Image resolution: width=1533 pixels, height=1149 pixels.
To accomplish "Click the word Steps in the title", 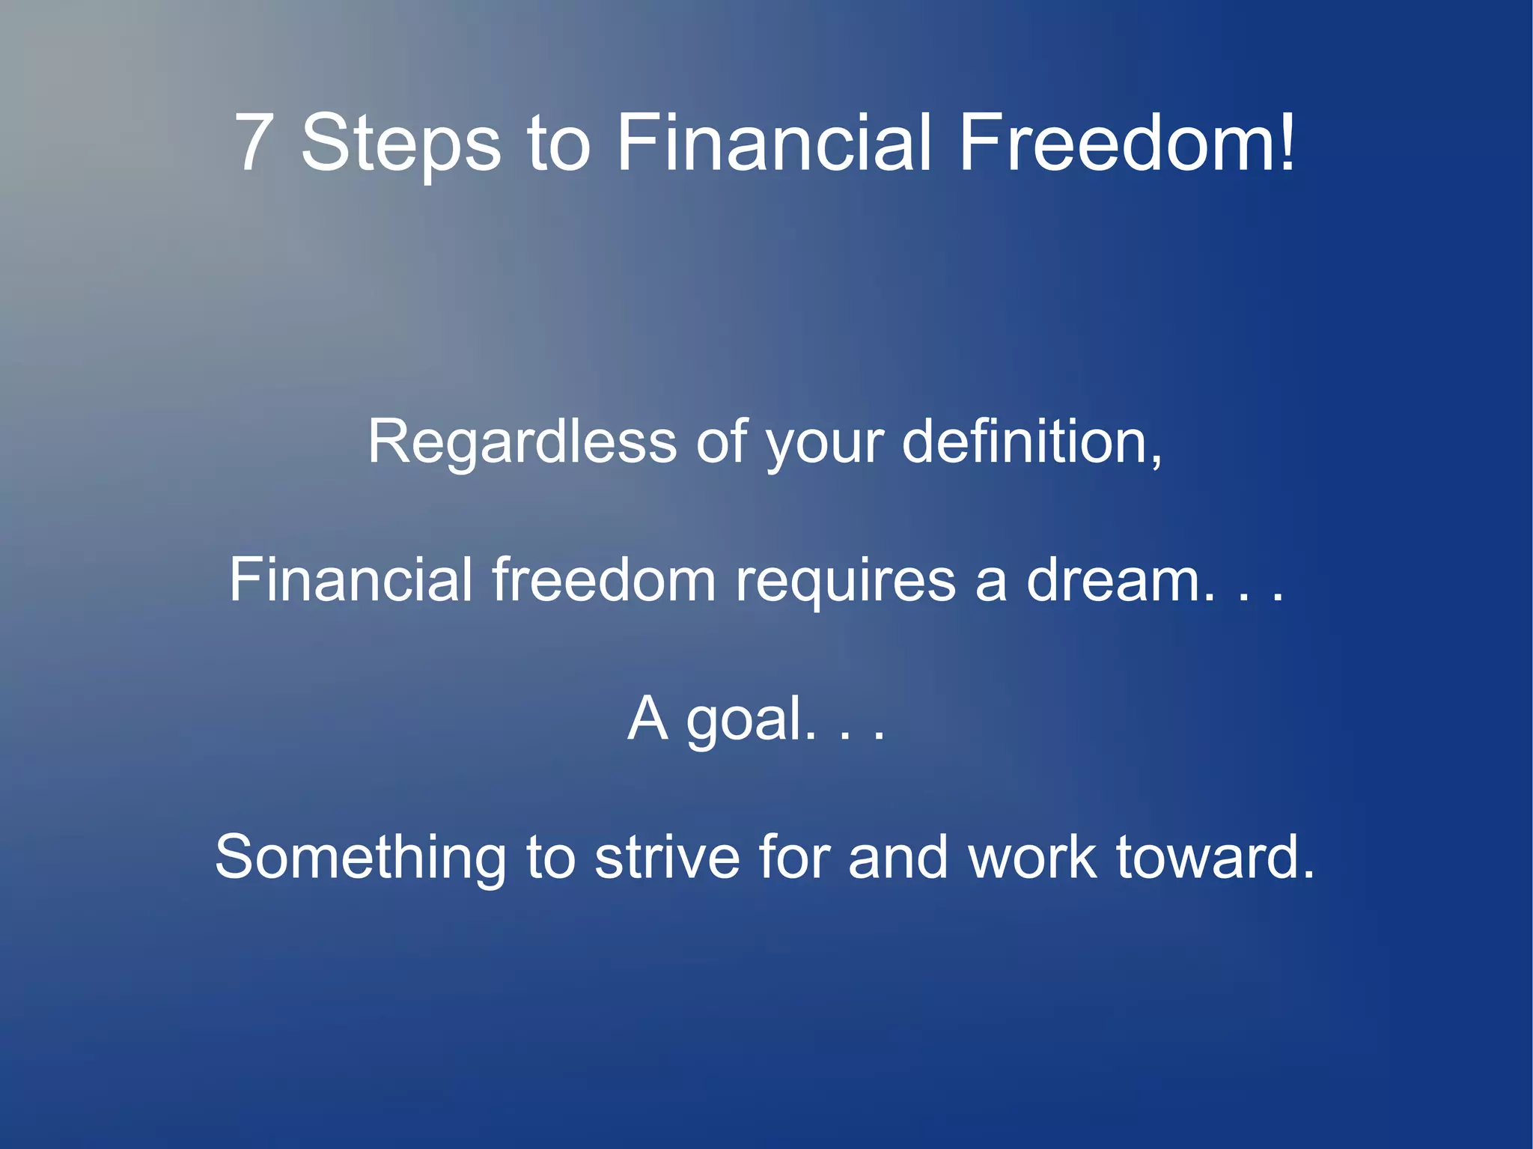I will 400,144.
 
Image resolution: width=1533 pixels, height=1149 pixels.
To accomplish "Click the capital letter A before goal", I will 647,719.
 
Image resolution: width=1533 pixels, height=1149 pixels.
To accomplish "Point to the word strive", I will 667,856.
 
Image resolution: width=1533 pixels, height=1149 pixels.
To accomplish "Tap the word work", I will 1032,856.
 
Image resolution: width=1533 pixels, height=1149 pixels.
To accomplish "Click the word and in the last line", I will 897,856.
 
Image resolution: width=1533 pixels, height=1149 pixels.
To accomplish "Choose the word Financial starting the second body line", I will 351,579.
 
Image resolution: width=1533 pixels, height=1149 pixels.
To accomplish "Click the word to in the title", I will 558,144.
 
